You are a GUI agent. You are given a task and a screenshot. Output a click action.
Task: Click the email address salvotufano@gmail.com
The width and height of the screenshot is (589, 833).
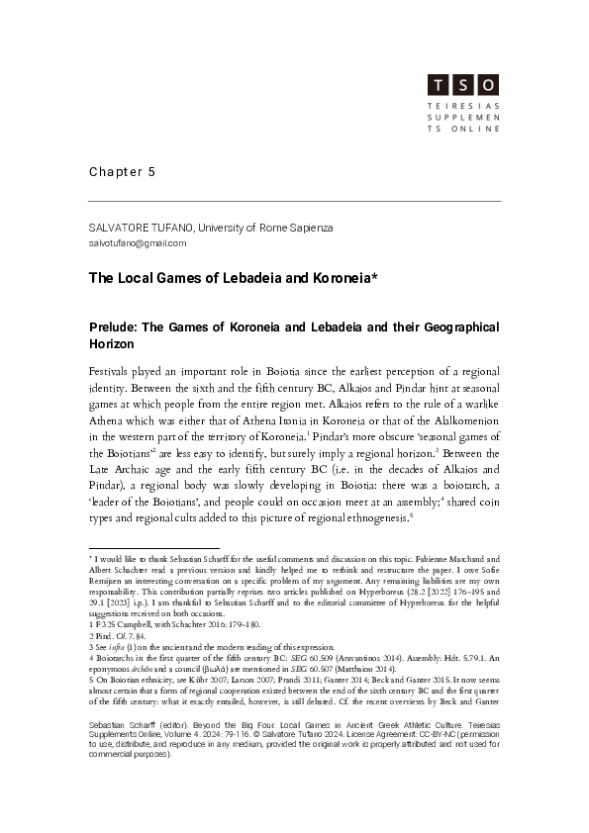[138, 243]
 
